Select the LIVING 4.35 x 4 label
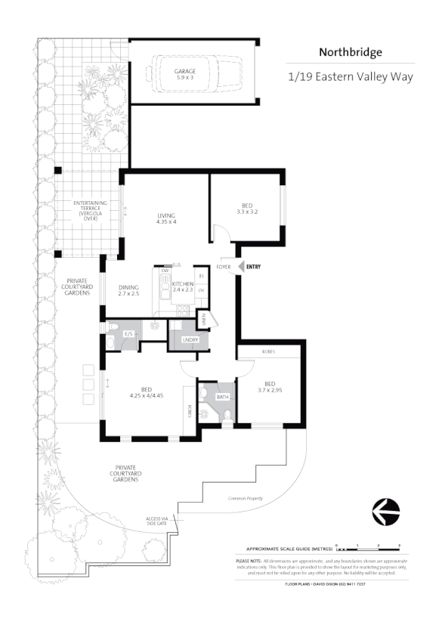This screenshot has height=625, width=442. point(166,218)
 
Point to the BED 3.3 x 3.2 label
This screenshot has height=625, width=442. point(247,209)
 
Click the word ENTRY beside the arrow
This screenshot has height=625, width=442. point(253,266)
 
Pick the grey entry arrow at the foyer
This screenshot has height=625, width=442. point(240,266)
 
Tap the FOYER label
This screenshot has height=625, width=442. point(224,267)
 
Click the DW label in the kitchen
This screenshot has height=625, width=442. point(164,270)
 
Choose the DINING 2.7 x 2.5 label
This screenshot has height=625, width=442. point(129,289)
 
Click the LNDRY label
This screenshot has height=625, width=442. point(190,340)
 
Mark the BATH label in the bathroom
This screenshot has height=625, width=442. point(221,395)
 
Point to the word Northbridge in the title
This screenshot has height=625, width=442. point(350,52)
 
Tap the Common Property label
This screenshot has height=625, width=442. point(246,499)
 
